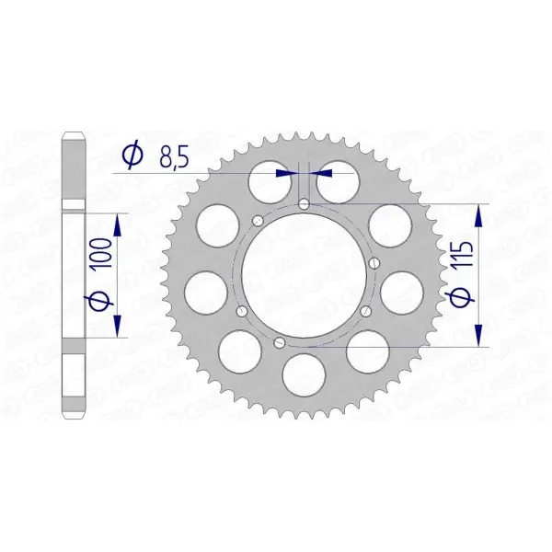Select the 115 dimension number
tap(463, 254)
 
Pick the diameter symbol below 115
tap(461, 295)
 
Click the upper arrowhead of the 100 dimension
tap(117, 226)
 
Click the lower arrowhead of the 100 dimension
tap(117, 326)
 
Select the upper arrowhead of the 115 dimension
tap(478, 216)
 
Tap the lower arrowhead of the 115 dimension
tap(478, 335)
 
